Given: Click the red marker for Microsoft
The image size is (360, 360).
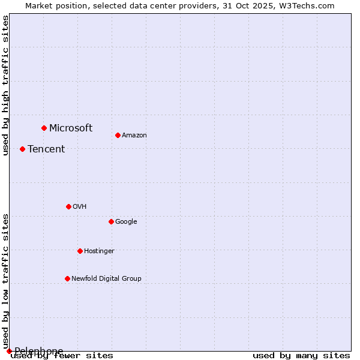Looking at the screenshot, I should click(x=44, y=128).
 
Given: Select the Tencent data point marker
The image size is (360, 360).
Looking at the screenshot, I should click(x=22, y=149).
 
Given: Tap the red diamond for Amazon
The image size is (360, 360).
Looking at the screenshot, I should click(x=118, y=135).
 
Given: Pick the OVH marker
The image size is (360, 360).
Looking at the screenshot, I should click(x=68, y=206).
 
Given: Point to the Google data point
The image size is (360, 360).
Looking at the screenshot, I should click(x=111, y=221).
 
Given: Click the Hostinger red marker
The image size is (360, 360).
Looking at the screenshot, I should click(x=80, y=251).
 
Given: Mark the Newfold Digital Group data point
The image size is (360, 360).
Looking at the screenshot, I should click(x=67, y=278).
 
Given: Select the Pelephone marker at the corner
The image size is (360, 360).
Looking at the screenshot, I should click(x=9, y=351).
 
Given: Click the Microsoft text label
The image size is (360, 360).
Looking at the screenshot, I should click(x=71, y=128).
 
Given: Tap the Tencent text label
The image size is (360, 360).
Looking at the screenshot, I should click(x=46, y=149).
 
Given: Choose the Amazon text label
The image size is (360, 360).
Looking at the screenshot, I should click(x=134, y=135).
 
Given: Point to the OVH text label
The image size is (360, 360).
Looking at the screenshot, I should click(x=80, y=206).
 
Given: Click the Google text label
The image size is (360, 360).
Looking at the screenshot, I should click(x=126, y=221).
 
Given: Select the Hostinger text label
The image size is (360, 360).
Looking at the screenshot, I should click(x=99, y=251).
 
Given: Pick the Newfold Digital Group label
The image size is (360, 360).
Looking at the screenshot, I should click(x=106, y=278).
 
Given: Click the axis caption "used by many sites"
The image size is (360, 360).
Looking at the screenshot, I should click(x=301, y=355).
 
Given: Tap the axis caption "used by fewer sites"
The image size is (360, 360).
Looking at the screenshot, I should click(x=62, y=355).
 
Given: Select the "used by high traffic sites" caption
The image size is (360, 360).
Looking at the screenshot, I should click(x=5, y=85).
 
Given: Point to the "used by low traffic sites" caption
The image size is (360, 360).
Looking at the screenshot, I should click(x=5, y=281).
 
